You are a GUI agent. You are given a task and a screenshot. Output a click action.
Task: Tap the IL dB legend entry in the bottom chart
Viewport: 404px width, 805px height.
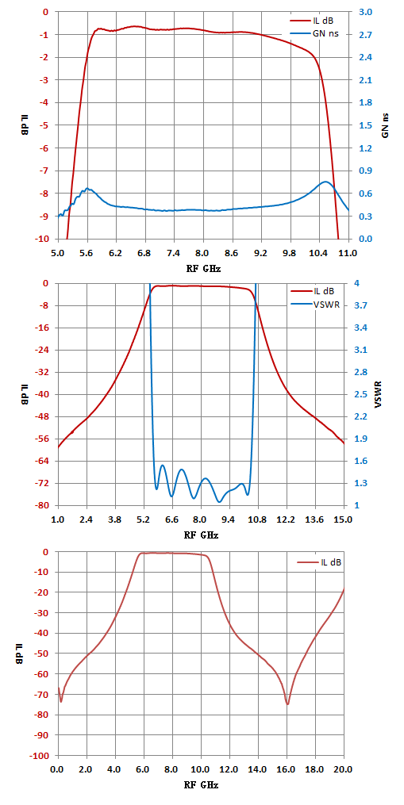coord(319,562)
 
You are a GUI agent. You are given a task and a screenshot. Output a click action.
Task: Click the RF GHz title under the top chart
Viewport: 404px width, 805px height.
coord(202,268)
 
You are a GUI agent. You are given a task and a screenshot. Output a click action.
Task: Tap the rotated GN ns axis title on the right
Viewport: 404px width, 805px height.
coord(385,125)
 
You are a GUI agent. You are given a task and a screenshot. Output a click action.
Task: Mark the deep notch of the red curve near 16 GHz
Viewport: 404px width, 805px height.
coord(287,703)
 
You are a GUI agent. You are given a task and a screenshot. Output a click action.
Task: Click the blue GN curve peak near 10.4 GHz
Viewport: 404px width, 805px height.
coord(325,182)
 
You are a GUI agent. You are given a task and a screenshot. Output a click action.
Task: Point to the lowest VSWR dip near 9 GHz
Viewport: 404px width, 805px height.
coord(220,501)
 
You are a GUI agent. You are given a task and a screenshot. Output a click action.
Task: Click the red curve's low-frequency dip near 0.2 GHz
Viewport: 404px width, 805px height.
coord(61,701)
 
